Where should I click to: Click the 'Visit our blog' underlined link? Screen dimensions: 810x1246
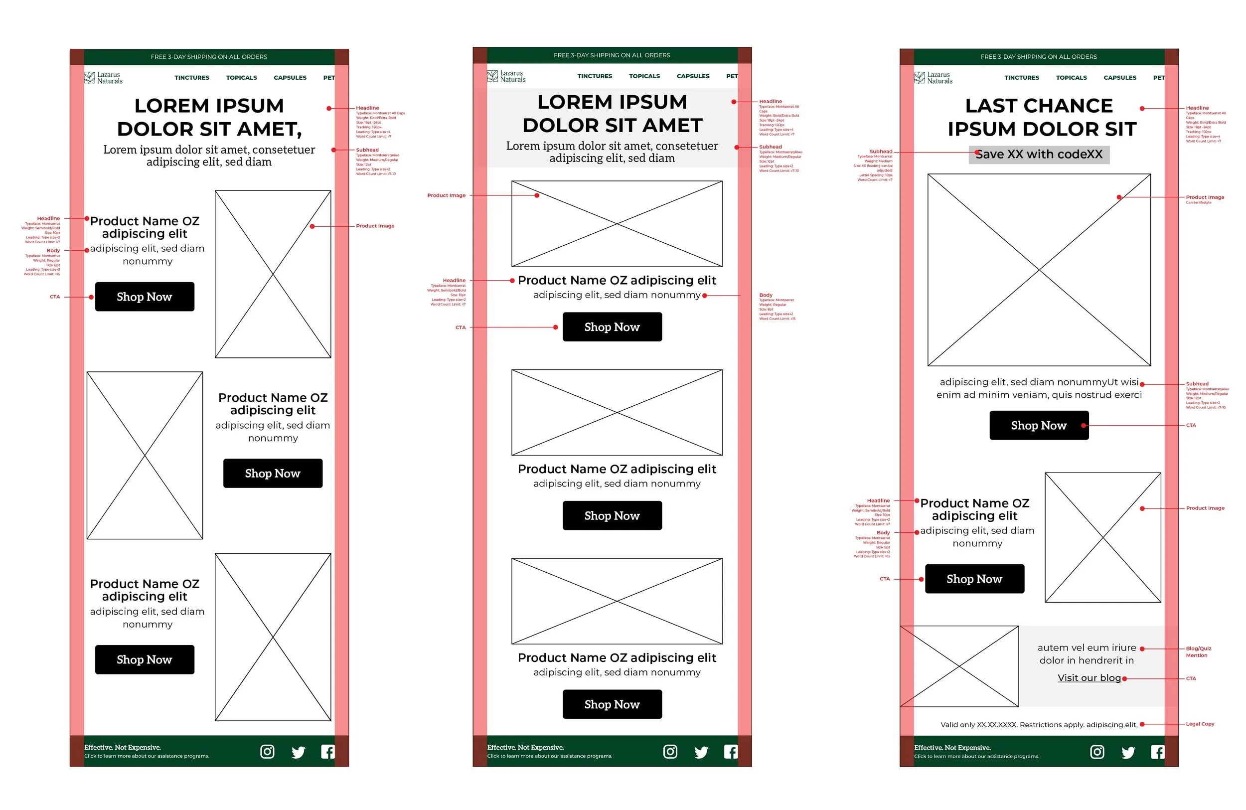click(x=1089, y=677)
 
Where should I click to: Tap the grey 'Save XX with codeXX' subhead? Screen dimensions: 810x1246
click(x=1039, y=155)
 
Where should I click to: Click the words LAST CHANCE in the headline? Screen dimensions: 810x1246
click(x=1039, y=106)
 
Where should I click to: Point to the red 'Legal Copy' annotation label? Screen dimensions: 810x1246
click(x=1200, y=724)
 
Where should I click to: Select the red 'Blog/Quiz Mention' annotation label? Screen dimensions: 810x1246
click(x=1198, y=651)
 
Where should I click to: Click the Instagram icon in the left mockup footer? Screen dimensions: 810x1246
click(x=267, y=752)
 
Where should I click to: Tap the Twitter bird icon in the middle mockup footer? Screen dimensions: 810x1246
click(x=701, y=752)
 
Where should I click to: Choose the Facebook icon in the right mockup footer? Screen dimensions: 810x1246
click(x=1157, y=752)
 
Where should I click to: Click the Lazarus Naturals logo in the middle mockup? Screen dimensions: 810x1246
click(x=506, y=76)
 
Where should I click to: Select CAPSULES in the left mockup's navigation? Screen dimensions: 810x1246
click(x=290, y=77)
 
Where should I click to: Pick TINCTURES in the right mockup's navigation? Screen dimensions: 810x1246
click(x=1021, y=77)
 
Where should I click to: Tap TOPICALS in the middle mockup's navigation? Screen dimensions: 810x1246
click(x=644, y=76)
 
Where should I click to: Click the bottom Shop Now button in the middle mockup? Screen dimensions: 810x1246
click(x=612, y=704)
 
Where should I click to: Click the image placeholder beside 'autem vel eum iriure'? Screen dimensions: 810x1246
click(x=959, y=666)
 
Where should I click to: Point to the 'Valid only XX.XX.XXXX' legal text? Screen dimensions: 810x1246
click(x=1039, y=725)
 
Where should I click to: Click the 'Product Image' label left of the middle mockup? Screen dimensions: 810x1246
click(x=446, y=195)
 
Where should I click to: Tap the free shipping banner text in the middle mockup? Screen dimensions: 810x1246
click(x=612, y=55)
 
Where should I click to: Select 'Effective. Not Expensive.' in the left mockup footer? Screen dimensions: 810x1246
click(x=123, y=747)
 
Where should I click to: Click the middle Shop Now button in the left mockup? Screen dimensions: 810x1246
click(x=273, y=474)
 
